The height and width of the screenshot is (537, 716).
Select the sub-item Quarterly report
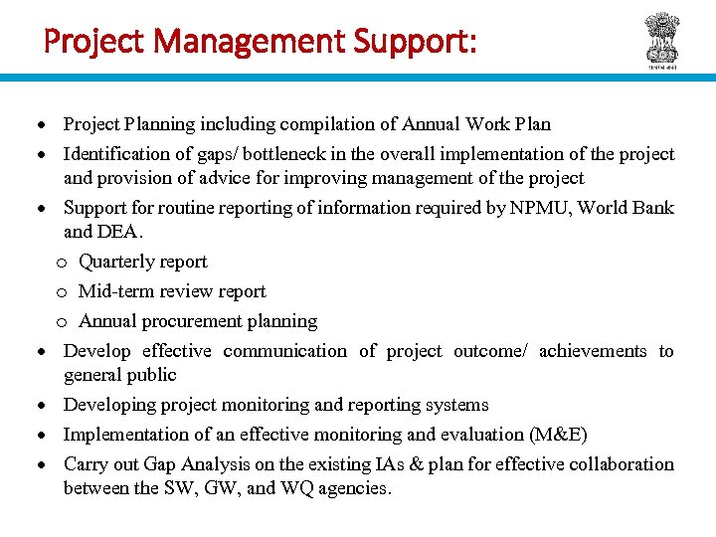pos(143,262)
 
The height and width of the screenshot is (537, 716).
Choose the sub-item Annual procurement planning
pos(198,321)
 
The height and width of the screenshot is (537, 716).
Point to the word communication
pos(285,351)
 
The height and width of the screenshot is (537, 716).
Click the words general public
pos(119,375)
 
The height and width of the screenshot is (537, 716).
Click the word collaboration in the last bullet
pos(623,464)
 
